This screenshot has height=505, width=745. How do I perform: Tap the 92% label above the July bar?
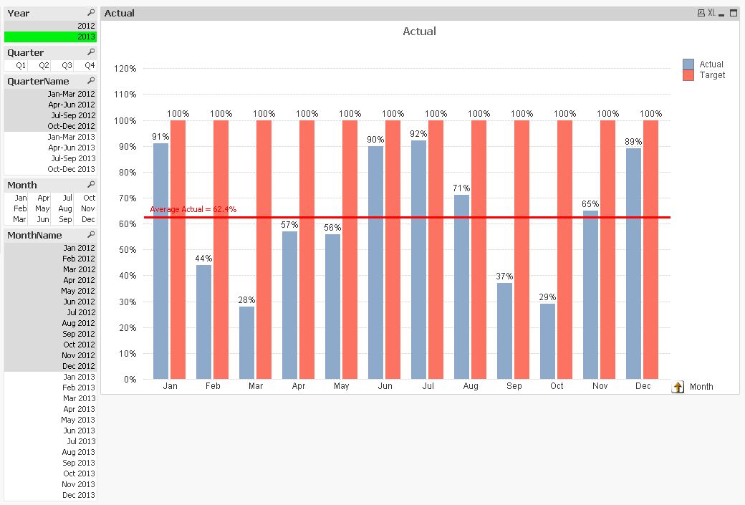click(x=418, y=134)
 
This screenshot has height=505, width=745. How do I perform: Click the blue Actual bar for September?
click(x=504, y=330)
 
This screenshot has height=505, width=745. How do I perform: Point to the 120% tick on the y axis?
click(x=125, y=69)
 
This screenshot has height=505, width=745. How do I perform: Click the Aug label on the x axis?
click(x=471, y=386)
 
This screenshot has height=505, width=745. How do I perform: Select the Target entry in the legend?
click(x=712, y=75)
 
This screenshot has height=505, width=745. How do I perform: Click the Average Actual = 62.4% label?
click(x=193, y=209)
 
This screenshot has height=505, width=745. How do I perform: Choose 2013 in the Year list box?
click(x=86, y=37)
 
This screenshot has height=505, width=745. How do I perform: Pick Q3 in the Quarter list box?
click(x=67, y=65)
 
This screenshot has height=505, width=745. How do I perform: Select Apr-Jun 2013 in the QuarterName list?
click(x=71, y=148)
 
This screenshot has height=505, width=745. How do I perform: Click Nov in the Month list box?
click(x=88, y=208)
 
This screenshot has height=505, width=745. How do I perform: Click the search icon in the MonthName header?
click(x=91, y=235)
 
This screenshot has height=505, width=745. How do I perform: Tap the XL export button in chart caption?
click(x=711, y=13)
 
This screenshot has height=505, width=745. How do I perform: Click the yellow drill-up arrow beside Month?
click(x=678, y=387)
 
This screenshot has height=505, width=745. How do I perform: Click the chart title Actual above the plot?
click(x=419, y=32)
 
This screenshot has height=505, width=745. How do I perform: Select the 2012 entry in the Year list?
click(x=86, y=26)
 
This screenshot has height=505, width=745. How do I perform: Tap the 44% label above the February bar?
click(x=203, y=258)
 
